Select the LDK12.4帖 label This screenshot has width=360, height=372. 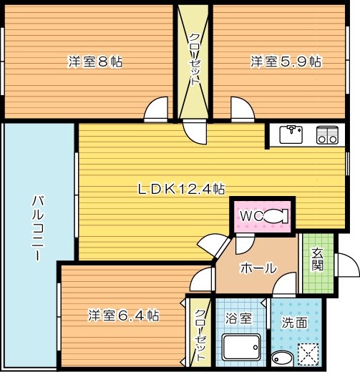(182, 189)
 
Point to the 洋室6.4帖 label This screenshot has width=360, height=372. (124, 315)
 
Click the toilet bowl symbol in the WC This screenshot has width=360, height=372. (275, 215)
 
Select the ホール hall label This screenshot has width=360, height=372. (258, 268)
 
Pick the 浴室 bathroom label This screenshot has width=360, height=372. (239, 320)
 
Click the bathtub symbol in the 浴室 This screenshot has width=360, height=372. (238, 349)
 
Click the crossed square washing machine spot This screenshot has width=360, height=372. (308, 354)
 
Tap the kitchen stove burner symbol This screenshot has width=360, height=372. (327, 134)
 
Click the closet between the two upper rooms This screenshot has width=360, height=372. (194, 61)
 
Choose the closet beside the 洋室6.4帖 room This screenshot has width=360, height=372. (200, 333)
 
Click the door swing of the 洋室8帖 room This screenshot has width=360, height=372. (156, 109)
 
